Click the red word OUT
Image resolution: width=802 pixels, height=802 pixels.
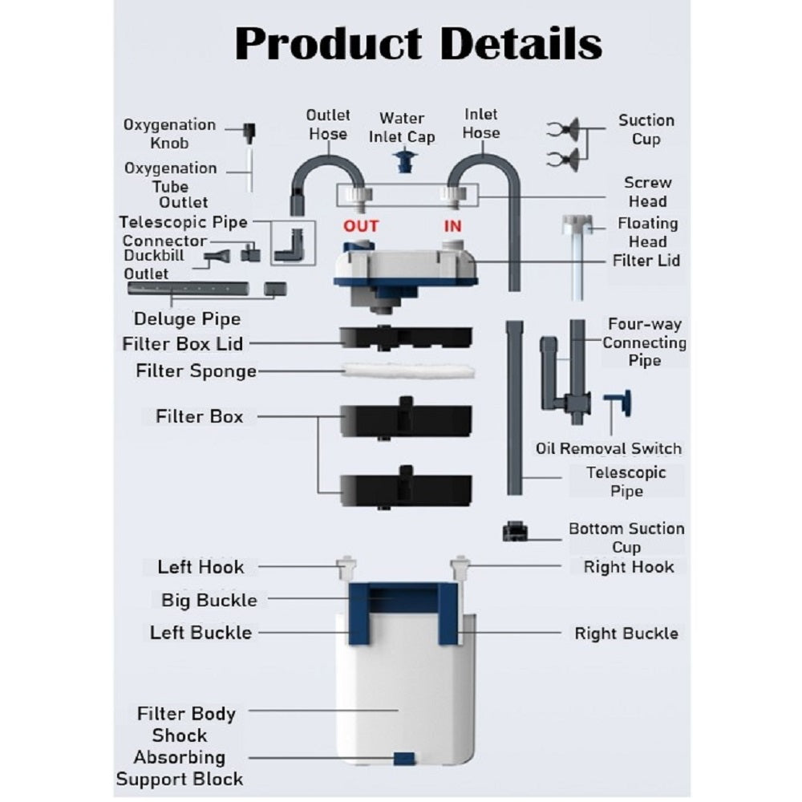(360, 226)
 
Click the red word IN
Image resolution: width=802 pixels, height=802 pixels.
(452, 226)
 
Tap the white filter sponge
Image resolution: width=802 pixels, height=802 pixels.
(405, 371)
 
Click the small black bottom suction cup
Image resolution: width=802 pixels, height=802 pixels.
(513, 531)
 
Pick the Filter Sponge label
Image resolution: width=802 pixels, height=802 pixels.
(196, 371)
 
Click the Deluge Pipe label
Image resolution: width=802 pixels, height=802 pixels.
(187, 319)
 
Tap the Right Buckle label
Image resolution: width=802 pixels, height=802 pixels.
(626, 634)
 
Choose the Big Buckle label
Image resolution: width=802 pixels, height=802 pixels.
(209, 600)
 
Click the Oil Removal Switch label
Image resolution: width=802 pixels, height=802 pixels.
(608, 448)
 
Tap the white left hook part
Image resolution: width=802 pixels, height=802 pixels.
(346, 568)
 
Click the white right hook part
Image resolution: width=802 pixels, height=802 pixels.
(461, 568)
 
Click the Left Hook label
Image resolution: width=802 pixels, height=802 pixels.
(200, 567)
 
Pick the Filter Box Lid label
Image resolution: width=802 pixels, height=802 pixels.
(182, 344)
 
